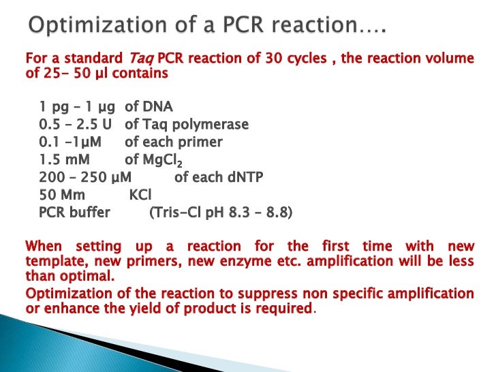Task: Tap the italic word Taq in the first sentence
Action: [x=140, y=59]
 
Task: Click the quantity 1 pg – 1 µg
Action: [x=78, y=107]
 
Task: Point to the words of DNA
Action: [x=149, y=107]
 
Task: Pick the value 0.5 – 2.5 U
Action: [x=78, y=125]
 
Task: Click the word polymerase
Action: [x=213, y=125]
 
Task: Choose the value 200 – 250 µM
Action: [x=85, y=178]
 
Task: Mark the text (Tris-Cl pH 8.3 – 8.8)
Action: [x=221, y=213]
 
